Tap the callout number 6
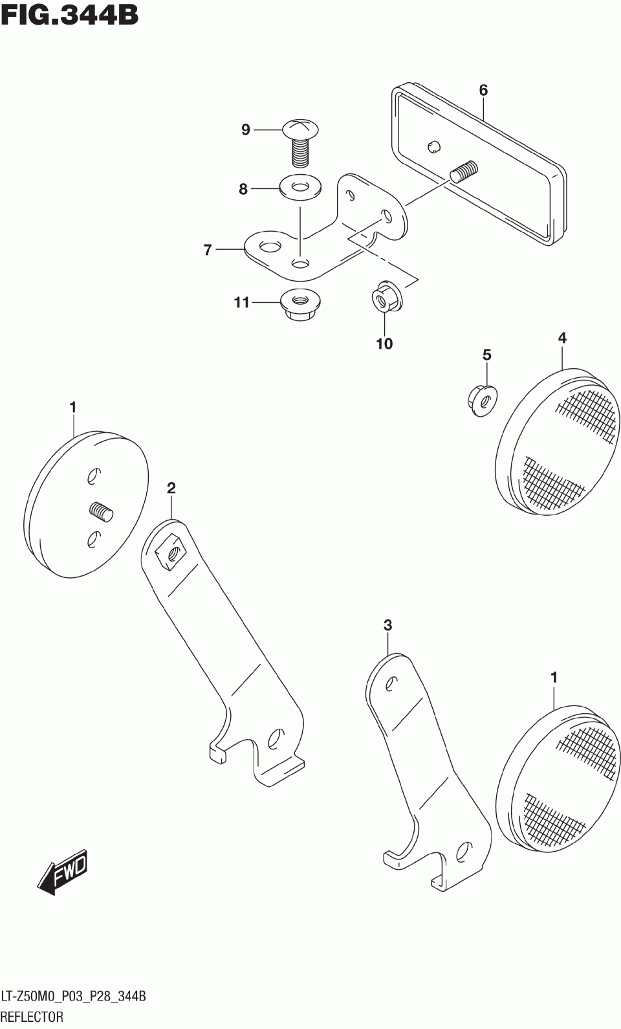pos(483,90)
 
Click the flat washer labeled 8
pos(300,188)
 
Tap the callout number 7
pos(208,250)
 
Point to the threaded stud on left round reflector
pos(101,512)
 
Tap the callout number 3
pos(387,625)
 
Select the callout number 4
pos(562,337)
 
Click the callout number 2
pos(171,488)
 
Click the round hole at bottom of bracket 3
pos(463,852)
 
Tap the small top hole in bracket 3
pos(391,683)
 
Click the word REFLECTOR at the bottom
pos(32,1017)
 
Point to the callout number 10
pos(384,344)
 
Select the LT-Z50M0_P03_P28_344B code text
pos(74,996)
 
